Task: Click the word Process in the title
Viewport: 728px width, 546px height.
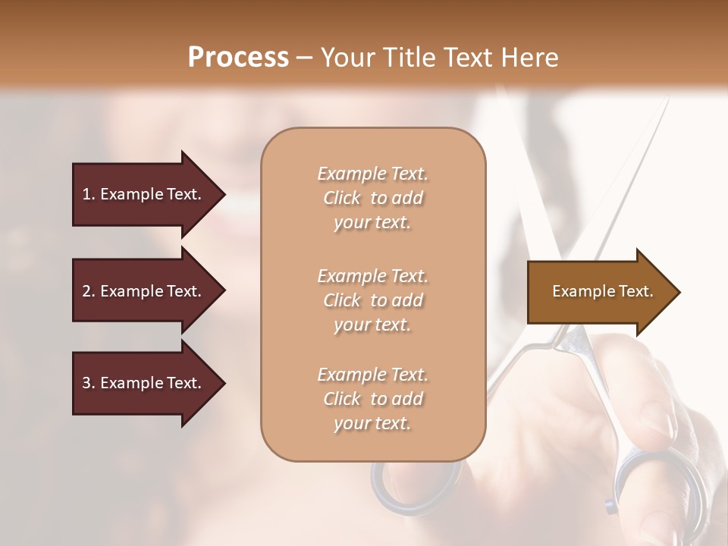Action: coord(238,58)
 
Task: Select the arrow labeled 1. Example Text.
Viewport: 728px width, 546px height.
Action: coord(144,194)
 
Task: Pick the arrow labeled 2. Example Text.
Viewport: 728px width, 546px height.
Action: coord(144,291)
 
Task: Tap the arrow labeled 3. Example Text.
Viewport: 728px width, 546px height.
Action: coord(144,384)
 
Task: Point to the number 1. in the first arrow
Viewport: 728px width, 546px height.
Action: coord(89,194)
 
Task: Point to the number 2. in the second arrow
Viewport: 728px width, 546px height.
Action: coord(89,291)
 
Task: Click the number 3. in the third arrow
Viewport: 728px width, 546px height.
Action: coord(89,384)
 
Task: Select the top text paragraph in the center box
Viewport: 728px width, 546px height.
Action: coord(372,198)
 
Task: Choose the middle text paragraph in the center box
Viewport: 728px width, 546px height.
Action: coord(372,300)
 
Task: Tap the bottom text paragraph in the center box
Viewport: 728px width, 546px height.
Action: coord(372,399)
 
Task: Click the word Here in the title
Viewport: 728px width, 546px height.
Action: coord(531,58)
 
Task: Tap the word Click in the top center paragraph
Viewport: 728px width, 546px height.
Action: coord(342,198)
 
